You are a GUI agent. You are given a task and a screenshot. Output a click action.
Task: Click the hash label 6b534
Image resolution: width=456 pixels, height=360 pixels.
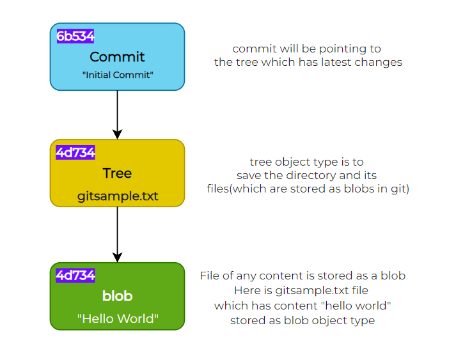point(75,36)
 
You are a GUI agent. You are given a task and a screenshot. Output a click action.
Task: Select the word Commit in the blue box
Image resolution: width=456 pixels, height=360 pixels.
point(117,57)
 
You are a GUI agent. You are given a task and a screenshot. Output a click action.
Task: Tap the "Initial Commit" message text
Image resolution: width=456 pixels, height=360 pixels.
point(118,75)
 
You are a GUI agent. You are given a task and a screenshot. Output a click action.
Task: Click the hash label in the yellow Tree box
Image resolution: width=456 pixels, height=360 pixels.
point(75,153)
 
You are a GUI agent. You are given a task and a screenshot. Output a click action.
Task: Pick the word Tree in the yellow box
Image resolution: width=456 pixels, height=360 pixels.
point(117,173)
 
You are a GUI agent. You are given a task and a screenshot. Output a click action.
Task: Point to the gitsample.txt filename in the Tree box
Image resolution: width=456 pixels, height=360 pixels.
point(118,196)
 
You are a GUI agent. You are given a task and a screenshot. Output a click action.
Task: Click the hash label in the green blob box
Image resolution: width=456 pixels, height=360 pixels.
point(75,276)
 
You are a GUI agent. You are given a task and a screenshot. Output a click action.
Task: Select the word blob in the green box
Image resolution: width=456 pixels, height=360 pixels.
point(118,296)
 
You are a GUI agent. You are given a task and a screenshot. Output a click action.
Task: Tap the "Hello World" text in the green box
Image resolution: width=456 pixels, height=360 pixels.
point(118,318)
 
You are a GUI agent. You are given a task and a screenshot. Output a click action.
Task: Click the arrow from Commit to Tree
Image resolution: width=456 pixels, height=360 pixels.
point(118,115)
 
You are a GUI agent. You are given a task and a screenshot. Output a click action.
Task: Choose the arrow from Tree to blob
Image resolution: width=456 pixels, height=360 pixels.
point(118,235)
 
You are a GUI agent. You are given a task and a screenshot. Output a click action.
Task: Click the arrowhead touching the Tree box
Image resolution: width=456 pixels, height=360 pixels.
point(118,135)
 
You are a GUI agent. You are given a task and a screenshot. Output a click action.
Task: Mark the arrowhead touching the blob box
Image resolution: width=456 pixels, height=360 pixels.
point(118,258)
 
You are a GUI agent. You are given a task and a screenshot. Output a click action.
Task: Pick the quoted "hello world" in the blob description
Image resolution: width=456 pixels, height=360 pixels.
point(356,306)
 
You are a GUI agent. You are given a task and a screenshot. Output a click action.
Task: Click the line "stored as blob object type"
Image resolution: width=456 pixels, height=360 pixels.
point(303,321)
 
